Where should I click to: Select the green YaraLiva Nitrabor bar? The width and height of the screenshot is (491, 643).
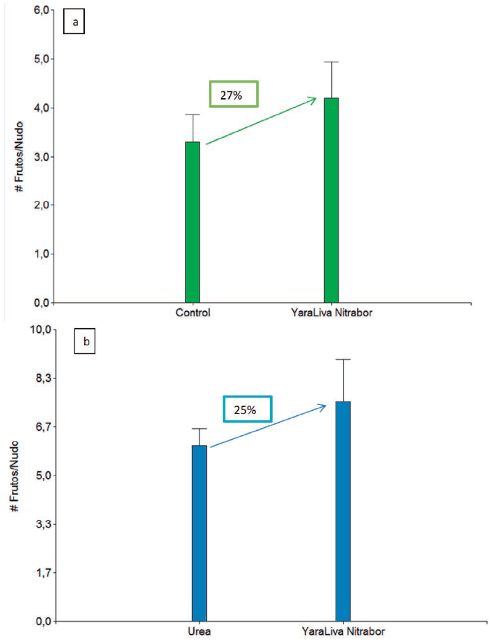pos(331,200)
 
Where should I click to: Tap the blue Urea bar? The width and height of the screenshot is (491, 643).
pos(199,533)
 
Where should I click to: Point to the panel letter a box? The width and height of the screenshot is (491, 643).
pos(75,23)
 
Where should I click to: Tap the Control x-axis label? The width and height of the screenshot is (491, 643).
pos(193,313)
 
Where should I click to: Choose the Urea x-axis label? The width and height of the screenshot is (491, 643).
pos(199,631)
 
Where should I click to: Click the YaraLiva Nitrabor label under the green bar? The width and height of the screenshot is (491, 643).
pos(331,313)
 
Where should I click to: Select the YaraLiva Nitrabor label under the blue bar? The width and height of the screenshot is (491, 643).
pos(343,631)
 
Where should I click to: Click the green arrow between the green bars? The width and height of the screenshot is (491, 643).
pos(260,121)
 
